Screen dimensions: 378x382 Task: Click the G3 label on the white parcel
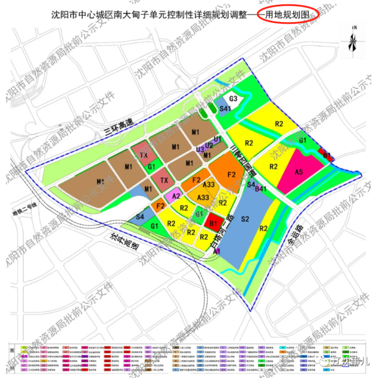click(234, 98)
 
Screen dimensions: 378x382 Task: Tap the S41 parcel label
click(225, 109)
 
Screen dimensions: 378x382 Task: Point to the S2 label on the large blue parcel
click(244, 219)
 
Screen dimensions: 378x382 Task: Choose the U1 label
click(218, 139)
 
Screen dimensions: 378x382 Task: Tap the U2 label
click(209, 145)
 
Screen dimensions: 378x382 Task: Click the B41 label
click(260, 189)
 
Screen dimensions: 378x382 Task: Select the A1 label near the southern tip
click(217, 252)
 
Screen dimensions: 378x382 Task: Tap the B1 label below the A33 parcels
click(213, 223)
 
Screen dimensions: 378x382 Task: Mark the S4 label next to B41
click(251, 185)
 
